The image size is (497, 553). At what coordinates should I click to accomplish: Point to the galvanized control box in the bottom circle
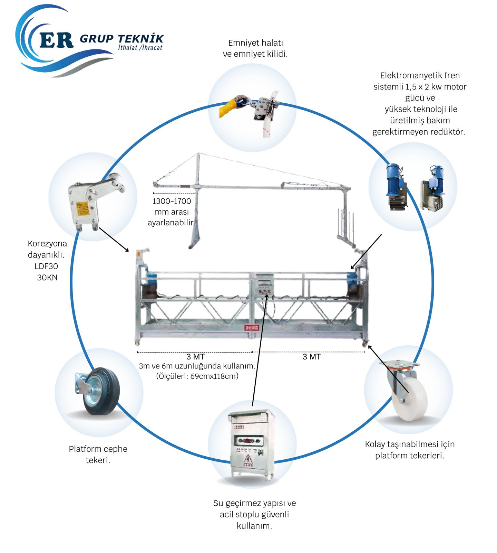pyautogui.click(x=252, y=443)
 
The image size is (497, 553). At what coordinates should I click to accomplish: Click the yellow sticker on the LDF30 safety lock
pyautogui.click(x=84, y=207)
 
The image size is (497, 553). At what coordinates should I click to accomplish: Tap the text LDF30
pyautogui.click(x=46, y=266)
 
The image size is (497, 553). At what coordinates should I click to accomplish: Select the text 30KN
pyautogui.click(x=47, y=278)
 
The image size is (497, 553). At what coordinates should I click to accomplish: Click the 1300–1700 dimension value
pyautogui.click(x=172, y=201)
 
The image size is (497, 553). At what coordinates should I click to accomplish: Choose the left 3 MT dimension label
pyautogui.click(x=195, y=357)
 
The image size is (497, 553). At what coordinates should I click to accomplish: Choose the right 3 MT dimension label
pyautogui.click(x=312, y=357)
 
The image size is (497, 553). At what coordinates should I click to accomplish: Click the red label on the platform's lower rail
pyautogui.click(x=251, y=327)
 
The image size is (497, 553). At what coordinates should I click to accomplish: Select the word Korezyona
pyautogui.click(x=47, y=243)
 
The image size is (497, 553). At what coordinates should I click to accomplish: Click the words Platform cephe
pyautogui.click(x=98, y=449)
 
